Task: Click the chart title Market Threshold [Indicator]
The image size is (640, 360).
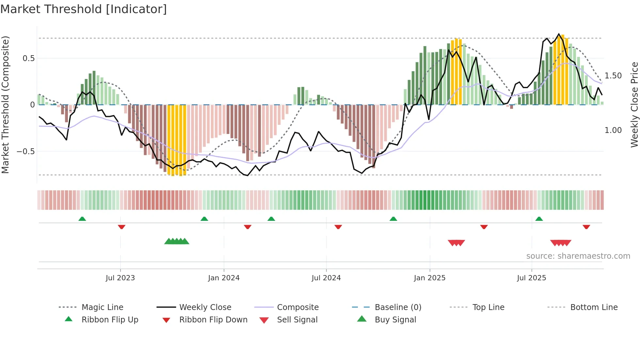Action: pos(84,9)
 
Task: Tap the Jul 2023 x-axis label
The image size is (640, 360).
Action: pos(120,278)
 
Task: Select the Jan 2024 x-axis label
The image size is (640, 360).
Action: pos(224,278)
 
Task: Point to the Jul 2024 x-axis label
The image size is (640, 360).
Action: pos(326,278)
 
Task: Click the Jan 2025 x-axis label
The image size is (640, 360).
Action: pos(429,278)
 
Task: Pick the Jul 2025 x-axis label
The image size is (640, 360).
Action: pos(531,278)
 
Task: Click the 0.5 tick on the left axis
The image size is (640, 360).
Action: pos(28,58)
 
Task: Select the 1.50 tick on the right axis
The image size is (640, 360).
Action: pos(613,76)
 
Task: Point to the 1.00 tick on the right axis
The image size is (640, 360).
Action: pos(613,130)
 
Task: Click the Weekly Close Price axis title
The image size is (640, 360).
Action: pos(634,105)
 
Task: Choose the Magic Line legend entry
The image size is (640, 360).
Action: pos(102,307)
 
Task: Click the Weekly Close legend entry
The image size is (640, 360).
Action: pos(205,307)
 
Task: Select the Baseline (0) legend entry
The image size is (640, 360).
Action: pos(398,307)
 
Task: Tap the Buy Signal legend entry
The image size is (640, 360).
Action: pos(395,320)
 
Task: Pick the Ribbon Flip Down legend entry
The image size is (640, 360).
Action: pos(213,320)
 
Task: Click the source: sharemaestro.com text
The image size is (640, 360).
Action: pos(578,256)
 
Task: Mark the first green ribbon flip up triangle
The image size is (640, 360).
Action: pos(82,219)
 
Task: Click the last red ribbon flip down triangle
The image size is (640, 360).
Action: pos(586,227)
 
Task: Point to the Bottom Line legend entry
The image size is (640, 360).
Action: pos(594,307)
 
